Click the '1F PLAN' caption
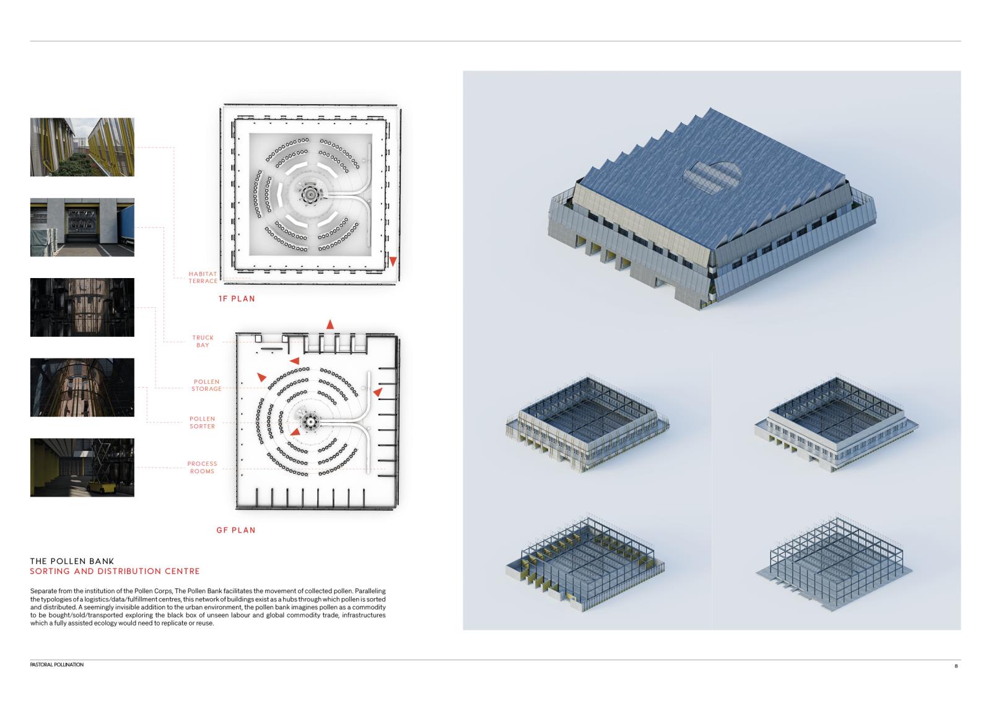(237, 299)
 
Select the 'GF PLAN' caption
(236, 530)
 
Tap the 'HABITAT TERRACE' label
(203, 277)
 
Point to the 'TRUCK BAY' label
(203, 341)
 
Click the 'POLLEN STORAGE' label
(206, 385)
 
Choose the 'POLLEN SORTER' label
(202, 422)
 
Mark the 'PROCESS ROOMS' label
(202, 468)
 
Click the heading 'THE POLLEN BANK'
(72, 561)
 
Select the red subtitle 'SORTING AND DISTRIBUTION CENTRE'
(115, 572)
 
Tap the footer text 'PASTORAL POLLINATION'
(56, 664)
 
